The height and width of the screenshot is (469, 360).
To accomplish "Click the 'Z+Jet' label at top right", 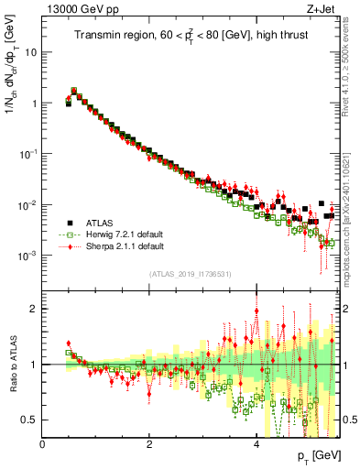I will [319, 10].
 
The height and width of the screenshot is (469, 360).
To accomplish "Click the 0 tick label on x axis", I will [43, 444].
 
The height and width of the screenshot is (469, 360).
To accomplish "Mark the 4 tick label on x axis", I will [256, 444].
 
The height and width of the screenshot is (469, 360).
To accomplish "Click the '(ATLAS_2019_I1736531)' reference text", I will [190, 274].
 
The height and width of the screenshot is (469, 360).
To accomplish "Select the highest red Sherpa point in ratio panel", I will [256, 311].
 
